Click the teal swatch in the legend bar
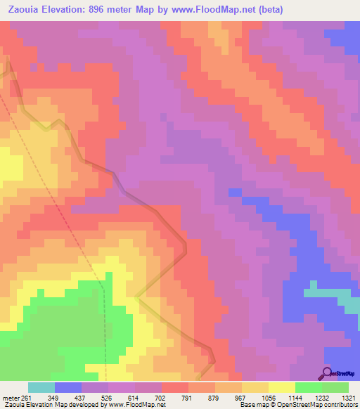pos(41,387)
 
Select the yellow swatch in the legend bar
pos(281,387)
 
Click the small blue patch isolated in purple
pos(235,192)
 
